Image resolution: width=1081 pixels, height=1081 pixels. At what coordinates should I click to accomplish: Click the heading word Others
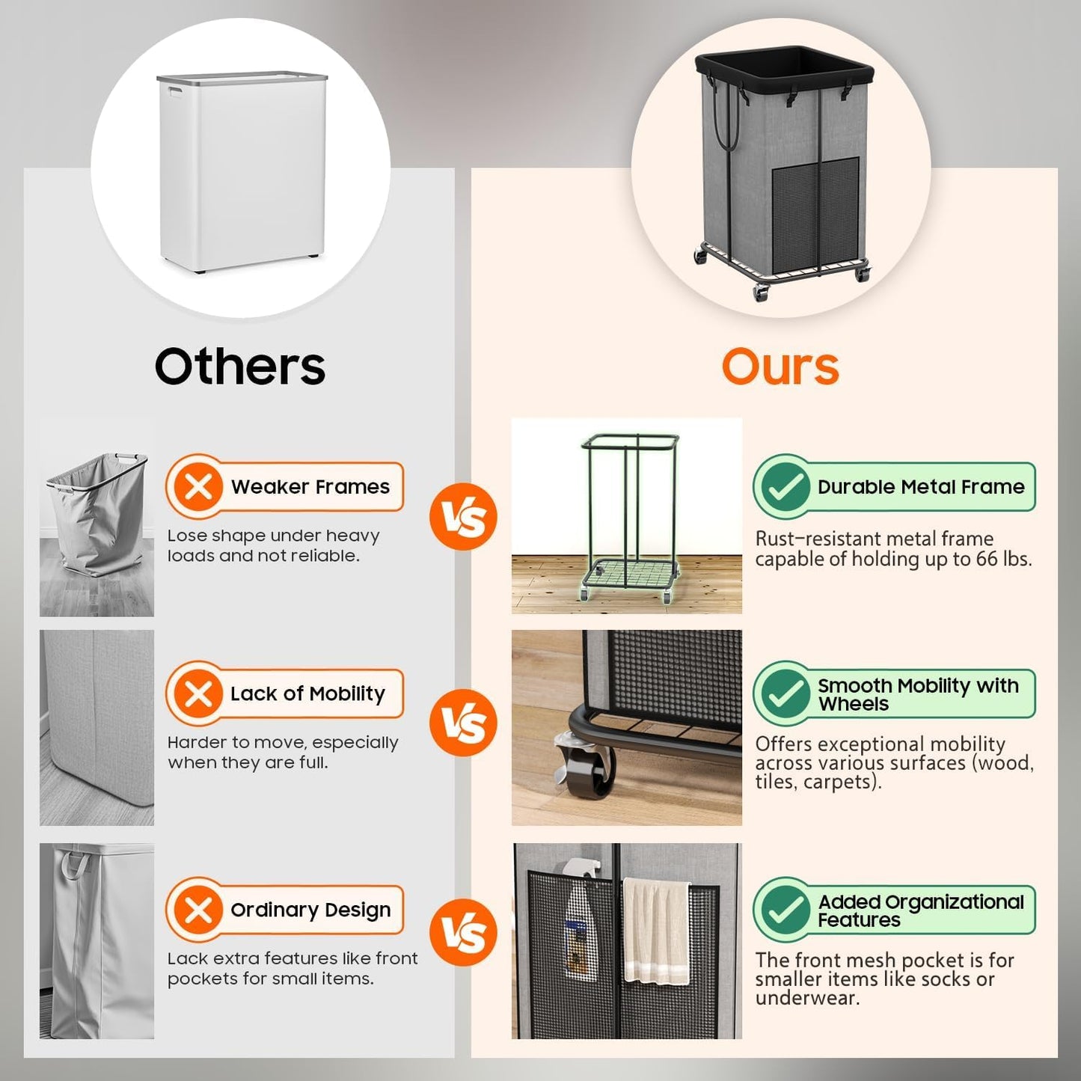[240, 367]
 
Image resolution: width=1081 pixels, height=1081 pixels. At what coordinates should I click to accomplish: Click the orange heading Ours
[780, 367]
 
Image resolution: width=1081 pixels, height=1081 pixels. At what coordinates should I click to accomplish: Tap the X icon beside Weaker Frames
[198, 488]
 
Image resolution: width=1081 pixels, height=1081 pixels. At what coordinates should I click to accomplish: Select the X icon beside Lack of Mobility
[198, 694]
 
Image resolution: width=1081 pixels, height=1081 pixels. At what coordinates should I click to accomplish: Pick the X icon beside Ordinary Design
[198, 910]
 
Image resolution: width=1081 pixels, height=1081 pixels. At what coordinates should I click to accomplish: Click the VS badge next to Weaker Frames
[463, 517]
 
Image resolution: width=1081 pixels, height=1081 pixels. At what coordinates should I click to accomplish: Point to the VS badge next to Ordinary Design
[463, 932]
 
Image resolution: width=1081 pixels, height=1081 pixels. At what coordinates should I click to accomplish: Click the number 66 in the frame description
[988, 559]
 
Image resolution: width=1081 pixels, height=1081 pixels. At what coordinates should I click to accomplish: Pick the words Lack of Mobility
[307, 693]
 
